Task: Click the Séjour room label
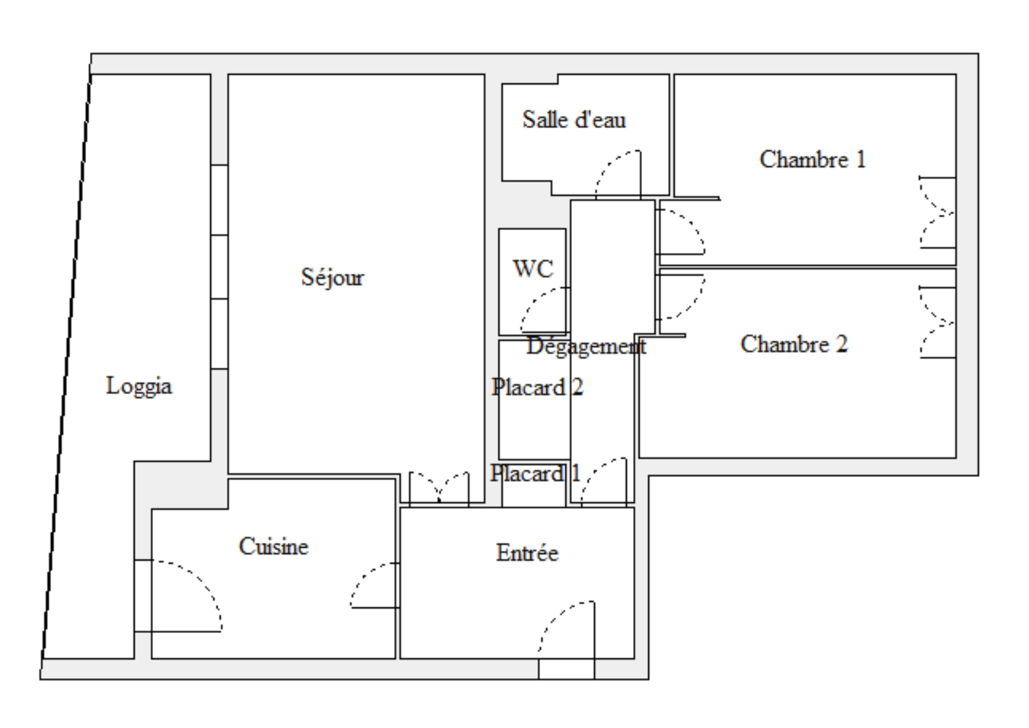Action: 332,278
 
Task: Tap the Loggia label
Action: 139,386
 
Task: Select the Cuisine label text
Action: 274,546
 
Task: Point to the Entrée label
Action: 527,553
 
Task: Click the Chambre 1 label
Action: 812,159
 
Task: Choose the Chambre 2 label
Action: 794,344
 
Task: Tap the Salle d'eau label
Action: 574,119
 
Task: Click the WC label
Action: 533,268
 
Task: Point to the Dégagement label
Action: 586,347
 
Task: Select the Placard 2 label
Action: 537,387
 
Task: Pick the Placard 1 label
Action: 536,473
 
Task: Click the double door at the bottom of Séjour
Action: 439,488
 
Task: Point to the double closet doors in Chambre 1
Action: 937,213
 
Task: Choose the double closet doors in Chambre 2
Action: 937,323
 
